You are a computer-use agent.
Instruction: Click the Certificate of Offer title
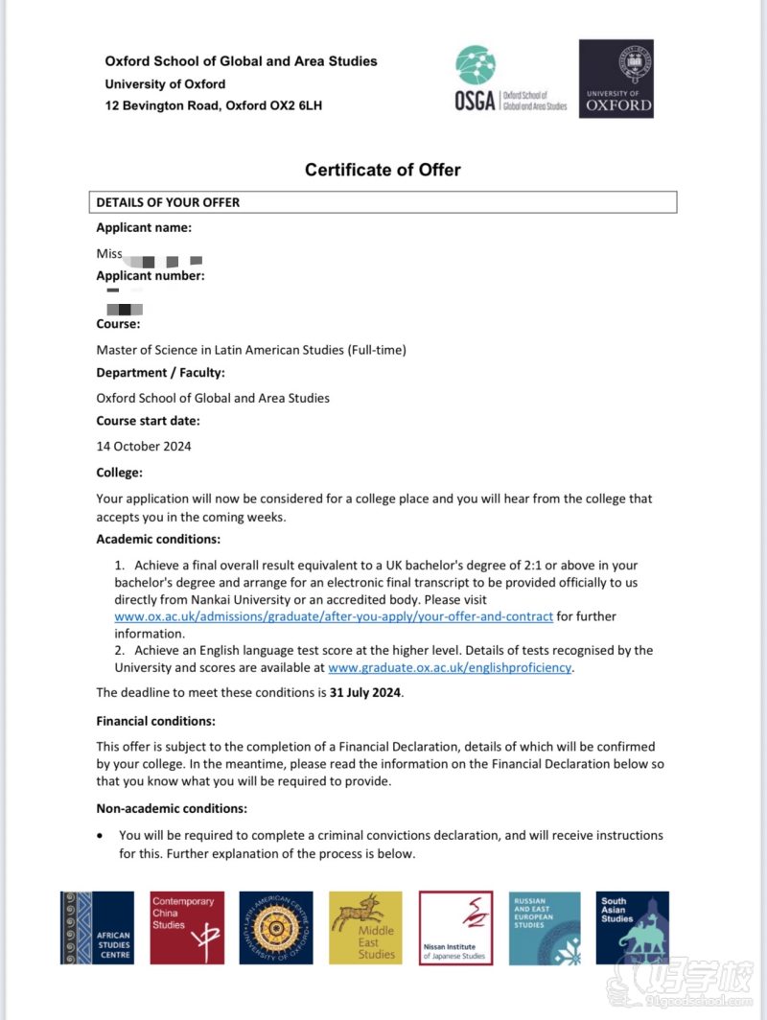pos(383,170)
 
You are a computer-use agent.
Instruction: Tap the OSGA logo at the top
pos(510,80)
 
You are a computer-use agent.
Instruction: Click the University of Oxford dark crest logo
pos(616,79)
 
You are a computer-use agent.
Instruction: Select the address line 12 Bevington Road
pos(213,105)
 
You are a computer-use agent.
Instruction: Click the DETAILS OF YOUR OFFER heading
pos(168,202)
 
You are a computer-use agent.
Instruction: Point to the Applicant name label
pos(144,227)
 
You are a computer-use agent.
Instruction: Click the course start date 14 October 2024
pos(144,446)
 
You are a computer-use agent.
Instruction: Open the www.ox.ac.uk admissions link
pos(334,616)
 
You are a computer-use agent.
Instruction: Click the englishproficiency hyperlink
pos(450,667)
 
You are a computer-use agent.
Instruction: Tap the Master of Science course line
pos(251,350)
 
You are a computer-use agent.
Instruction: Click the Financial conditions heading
pos(155,720)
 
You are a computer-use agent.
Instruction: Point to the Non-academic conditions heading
pos(172,808)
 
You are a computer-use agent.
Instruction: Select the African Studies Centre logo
pos(97,927)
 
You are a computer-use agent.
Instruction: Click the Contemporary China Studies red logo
pos(188,927)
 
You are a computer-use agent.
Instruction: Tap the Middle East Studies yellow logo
pos(365,927)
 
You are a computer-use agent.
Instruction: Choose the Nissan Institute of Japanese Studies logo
pos(455,927)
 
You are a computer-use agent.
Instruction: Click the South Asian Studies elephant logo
pos(632,927)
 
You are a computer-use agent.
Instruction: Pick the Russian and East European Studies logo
pos(544,927)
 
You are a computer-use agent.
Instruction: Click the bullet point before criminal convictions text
pos(101,836)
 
